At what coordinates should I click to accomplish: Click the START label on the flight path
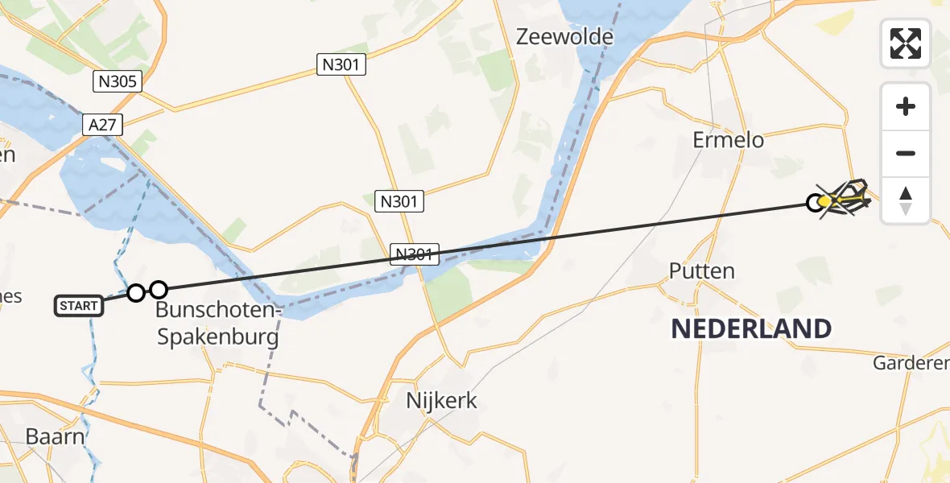79,306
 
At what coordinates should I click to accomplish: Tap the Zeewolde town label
564,37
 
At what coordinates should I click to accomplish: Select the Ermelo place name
728,140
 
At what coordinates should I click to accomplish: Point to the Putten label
702,270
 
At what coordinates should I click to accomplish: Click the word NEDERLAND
751,328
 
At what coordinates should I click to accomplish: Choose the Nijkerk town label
441,401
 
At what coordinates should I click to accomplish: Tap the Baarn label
55,436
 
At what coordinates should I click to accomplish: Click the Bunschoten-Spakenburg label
217,323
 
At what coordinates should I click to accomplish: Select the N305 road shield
118,80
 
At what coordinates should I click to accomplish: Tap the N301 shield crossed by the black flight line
415,254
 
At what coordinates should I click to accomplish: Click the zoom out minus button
906,154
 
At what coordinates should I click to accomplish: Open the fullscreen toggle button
906,43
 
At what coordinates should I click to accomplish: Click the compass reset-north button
906,200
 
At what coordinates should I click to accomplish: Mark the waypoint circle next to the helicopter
816,202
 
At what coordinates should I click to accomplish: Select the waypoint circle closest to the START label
136,293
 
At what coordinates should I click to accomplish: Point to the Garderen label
910,364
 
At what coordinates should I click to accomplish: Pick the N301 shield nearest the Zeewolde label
341,65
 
